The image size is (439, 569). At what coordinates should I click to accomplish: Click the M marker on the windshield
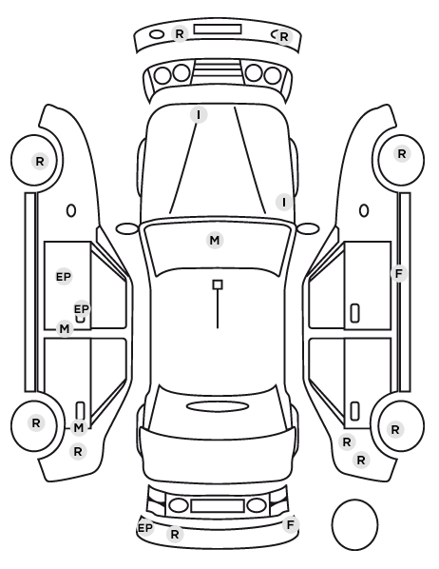tap(215, 240)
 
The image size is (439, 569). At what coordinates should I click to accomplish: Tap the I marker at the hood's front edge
tap(199, 115)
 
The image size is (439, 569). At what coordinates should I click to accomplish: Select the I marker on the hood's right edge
tap(284, 202)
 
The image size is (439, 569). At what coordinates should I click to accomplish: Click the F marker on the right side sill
tap(399, 274)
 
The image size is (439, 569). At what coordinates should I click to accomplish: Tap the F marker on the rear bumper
tap(291, 524)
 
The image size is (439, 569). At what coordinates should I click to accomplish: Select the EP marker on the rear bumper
tap(145, 528)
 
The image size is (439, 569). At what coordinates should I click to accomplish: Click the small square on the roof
tap(218, 284)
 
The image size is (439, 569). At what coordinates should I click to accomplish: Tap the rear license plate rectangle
tap(218, 506)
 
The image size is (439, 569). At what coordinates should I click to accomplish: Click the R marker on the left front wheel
tap(40, 161)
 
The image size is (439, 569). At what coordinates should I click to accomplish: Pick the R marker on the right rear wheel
tap(395, 430)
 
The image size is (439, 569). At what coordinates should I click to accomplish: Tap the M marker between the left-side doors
tap(65, 329)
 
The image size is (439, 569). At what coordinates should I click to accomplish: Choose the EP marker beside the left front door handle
tap(82, 309)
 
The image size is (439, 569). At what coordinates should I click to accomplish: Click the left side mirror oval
tap(127, 229)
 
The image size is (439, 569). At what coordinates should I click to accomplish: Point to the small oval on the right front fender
tap(364, 210)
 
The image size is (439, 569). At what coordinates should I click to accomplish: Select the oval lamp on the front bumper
tap(157, 34)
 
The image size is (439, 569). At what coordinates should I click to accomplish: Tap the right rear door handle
tap(354, 411)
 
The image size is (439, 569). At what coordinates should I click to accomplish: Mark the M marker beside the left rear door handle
tap(79, 428)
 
